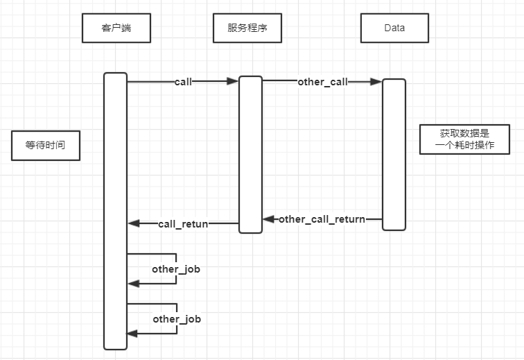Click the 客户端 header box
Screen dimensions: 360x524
click(116, 28)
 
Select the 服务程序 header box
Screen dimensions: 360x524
click(247, 28)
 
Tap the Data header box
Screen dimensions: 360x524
click(394, 28)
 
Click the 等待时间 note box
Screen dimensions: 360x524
click(46, 146)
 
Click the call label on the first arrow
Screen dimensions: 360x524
click(183, 82)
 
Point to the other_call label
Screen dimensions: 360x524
click(322, 82)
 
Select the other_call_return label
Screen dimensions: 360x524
click(322, 219)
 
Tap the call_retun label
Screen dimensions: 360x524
click(183, 223)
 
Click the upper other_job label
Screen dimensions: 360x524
click(176, 268)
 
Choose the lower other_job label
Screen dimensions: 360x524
click(176, 319)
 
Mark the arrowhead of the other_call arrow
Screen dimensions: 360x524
click(376, 81)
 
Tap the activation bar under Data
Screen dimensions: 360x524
click(394, 153)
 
